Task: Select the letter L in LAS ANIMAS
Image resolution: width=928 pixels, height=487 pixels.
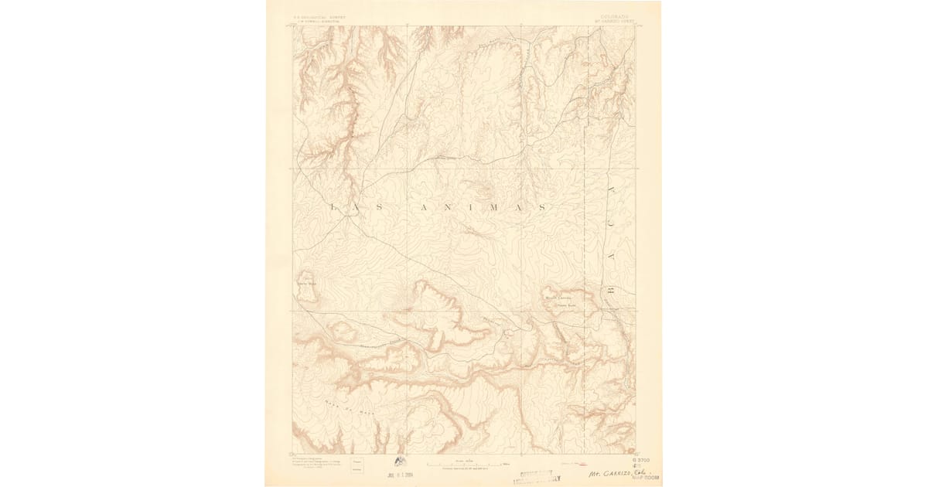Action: click(x=333, y=207)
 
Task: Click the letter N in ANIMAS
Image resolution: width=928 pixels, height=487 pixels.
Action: click(x=445, y=207)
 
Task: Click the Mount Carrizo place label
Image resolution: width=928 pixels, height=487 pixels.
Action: click(x=561, y=296)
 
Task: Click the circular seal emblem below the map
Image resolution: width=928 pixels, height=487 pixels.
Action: click(x=400, y=461)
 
